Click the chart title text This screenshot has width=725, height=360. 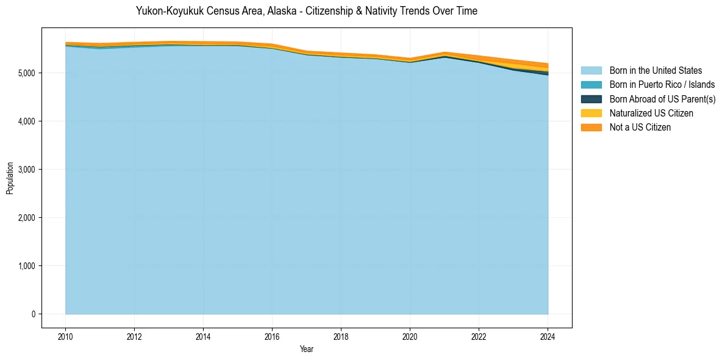tap(307, 11)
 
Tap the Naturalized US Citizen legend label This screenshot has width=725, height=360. tap(651, 113)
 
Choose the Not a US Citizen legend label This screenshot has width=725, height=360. tap(640, 128)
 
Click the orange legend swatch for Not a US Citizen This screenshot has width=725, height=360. tap(591, 128)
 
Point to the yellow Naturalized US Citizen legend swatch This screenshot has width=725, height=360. tap(591, 113)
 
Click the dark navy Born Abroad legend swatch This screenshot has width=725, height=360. tap(591, 99)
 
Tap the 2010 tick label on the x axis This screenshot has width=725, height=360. tap(65, 336)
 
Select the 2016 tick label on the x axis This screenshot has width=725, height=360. tap(272, 336)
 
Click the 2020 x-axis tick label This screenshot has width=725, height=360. tap(410, 336)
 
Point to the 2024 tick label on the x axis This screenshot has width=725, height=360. tap(548, 336)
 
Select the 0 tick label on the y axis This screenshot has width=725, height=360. tap(34, 314)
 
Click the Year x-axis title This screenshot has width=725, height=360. tap(307, 349)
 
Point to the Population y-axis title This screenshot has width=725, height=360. tap(10, 178)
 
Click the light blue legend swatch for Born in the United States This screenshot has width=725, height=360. tap(591, 71)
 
